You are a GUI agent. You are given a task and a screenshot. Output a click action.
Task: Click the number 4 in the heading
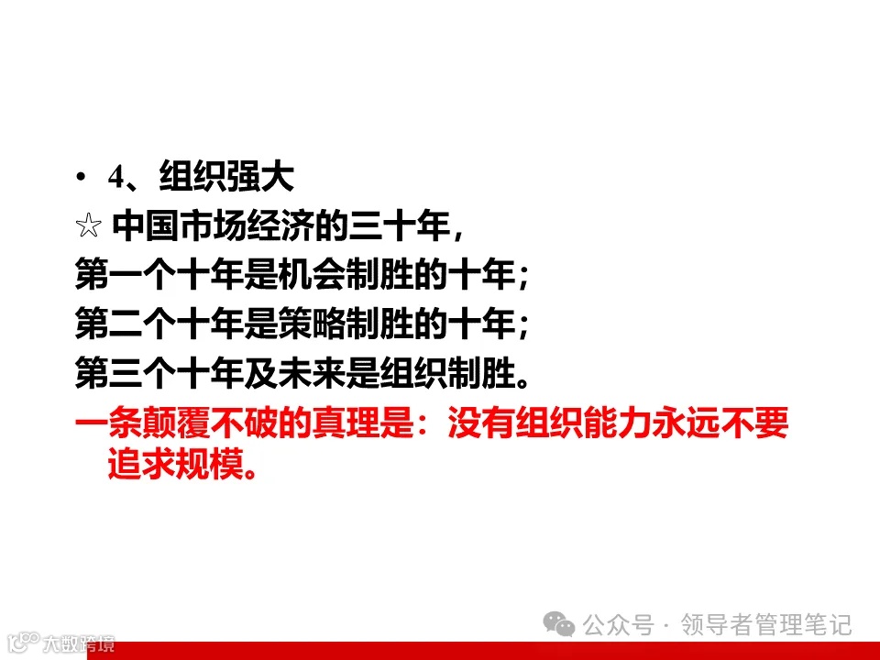pos(115,178)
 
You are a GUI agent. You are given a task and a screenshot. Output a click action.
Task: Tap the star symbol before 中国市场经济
pos(88,225)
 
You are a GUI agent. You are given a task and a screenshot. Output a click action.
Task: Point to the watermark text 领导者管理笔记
pos(766,625)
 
